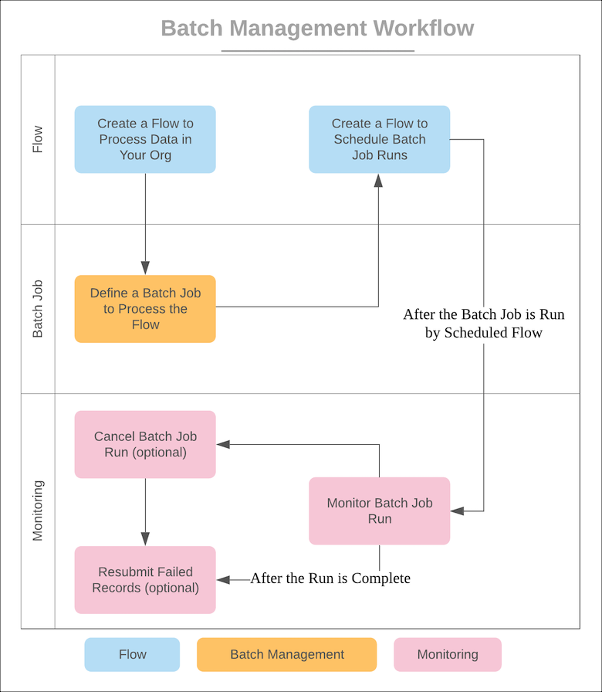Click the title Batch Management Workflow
click(317, 29)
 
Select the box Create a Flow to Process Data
click(145, 139)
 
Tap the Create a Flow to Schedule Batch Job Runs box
click(379, 139)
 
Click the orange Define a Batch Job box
click(145, 309)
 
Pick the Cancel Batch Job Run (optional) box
click(145, 444)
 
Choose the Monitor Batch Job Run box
click(379, 511)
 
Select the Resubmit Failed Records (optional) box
click(145, 580)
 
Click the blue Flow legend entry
click(132, 654)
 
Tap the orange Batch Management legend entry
click(287, 654)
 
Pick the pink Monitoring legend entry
click(448, 654)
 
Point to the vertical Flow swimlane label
click(38, 139)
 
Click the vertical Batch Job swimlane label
click(38, 309)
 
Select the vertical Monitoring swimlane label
click(38, 511)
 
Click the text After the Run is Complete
click(330, 578)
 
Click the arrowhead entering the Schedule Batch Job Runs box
click(379, 179)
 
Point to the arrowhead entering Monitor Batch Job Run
click(456, 511)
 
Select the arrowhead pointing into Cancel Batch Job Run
click(222, 444)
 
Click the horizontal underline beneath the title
click(317, 51)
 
